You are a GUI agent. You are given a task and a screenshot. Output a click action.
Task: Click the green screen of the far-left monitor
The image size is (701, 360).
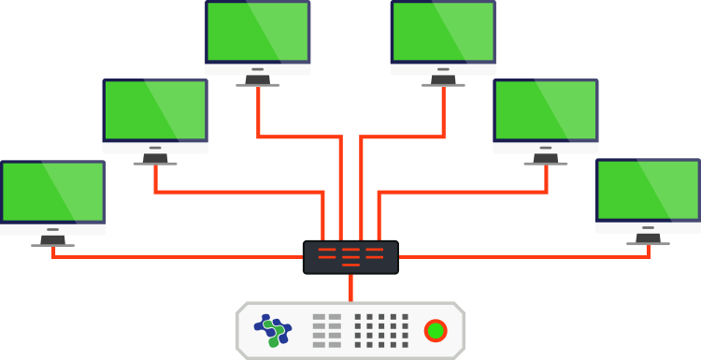[52, 192]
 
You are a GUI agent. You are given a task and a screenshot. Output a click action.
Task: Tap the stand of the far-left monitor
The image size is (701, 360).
[52, 241]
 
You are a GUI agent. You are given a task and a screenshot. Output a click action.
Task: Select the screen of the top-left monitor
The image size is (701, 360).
[258, 32]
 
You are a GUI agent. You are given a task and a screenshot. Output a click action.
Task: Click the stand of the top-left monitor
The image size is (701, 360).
[258, 81]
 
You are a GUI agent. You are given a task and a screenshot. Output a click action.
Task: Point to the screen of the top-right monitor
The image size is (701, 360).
[443, 32]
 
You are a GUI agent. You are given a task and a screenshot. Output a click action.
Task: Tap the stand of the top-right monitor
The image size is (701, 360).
[443, 81]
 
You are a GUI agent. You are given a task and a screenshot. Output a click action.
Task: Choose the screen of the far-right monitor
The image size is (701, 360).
[648, 190]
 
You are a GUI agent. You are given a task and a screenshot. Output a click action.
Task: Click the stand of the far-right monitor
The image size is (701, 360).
[648, 239]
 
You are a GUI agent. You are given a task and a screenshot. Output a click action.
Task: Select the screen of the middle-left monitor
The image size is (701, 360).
[155, 110]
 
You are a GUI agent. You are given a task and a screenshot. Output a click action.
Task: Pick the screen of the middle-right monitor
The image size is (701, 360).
[546, 110]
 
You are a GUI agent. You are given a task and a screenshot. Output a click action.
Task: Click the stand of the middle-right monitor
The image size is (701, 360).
[546, 160]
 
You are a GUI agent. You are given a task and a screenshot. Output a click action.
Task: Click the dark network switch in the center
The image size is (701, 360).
[350, 257]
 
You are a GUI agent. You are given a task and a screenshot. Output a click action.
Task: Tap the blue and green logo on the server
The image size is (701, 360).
[273, 329]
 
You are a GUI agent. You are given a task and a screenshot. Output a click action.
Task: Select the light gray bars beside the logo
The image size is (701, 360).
[326, 330]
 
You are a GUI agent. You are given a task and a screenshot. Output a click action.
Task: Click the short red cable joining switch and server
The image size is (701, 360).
[350, 287]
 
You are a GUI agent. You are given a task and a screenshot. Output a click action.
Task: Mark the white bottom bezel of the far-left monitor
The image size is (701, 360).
[52, 228]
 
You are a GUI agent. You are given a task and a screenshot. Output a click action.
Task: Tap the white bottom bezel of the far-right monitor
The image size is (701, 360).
[648, 226]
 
